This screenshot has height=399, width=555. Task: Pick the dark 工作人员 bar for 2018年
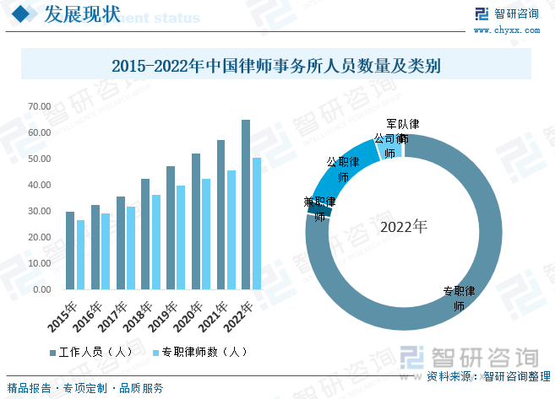[145, 235]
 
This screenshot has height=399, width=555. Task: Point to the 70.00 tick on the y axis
[39, 107]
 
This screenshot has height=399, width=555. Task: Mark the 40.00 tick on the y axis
[39, 186]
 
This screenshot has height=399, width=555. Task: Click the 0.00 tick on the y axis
[41, 289]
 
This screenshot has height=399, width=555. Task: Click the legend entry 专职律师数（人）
[199, 352]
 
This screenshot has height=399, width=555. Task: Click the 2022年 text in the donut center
[404, 227]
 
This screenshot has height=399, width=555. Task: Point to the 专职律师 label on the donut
[460, 299]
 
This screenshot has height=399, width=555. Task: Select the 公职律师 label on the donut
[343, 169]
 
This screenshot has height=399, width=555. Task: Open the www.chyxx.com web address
[507, 30]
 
